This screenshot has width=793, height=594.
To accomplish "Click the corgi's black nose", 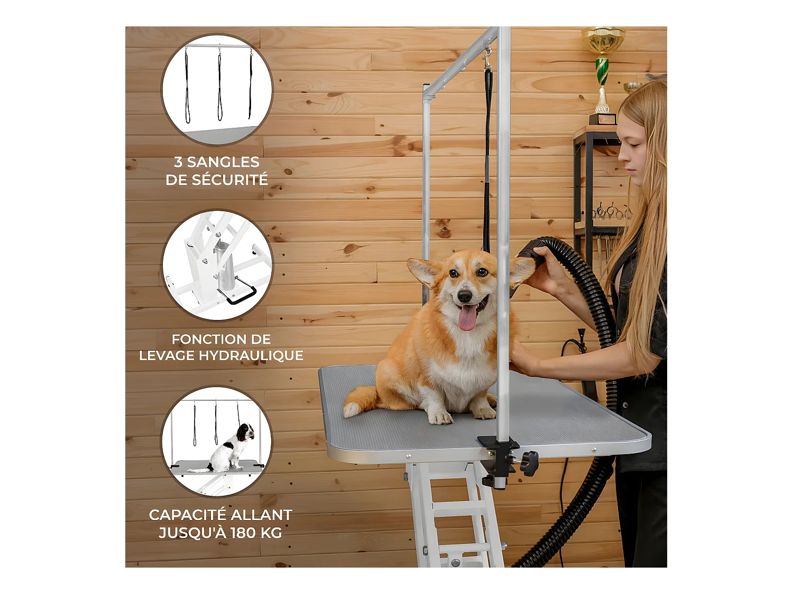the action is click(464, 296).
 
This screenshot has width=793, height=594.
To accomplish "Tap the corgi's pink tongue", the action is click(467, 317).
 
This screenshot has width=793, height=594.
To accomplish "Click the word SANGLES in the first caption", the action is click(223, 162).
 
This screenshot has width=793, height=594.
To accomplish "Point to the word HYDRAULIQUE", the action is click(251, 355).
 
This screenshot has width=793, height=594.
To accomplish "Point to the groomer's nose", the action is click(622, 156).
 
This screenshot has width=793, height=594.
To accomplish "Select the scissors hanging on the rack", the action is click(611, 213).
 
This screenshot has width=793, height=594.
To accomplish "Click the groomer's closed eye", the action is click(634, 145).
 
